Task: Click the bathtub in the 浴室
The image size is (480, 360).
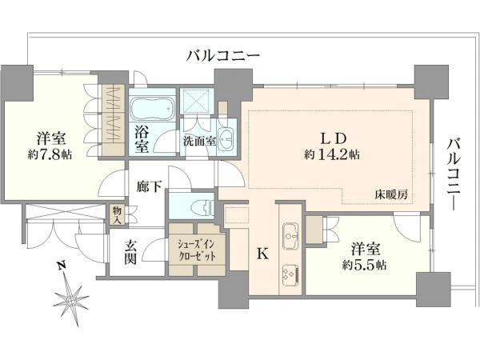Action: pos(152,109)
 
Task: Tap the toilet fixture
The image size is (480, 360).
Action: pos(202,207)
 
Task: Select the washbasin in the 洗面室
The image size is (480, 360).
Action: pos(226,139)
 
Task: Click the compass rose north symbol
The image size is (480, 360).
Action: pos(71,300)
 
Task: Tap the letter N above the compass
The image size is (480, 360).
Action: pos(62,266)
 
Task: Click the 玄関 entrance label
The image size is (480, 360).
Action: pos(130,252)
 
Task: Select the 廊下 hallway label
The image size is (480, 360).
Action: pos(149,186)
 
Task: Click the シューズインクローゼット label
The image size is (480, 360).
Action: pos(197,250)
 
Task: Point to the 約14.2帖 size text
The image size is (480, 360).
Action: pos(332,155)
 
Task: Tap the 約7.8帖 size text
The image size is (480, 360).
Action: pos(50,155)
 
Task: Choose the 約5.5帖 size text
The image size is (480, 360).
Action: pos(364,265)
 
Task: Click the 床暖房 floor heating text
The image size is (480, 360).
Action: pos(391,194)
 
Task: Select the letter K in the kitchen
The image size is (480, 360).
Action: pos(262,254)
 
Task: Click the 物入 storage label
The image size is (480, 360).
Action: pos(117,214)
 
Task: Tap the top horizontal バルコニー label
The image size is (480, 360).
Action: pos(223,56)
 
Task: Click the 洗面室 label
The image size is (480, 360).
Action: pos(199,142)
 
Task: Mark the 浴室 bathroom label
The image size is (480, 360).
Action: pos(142,140)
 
